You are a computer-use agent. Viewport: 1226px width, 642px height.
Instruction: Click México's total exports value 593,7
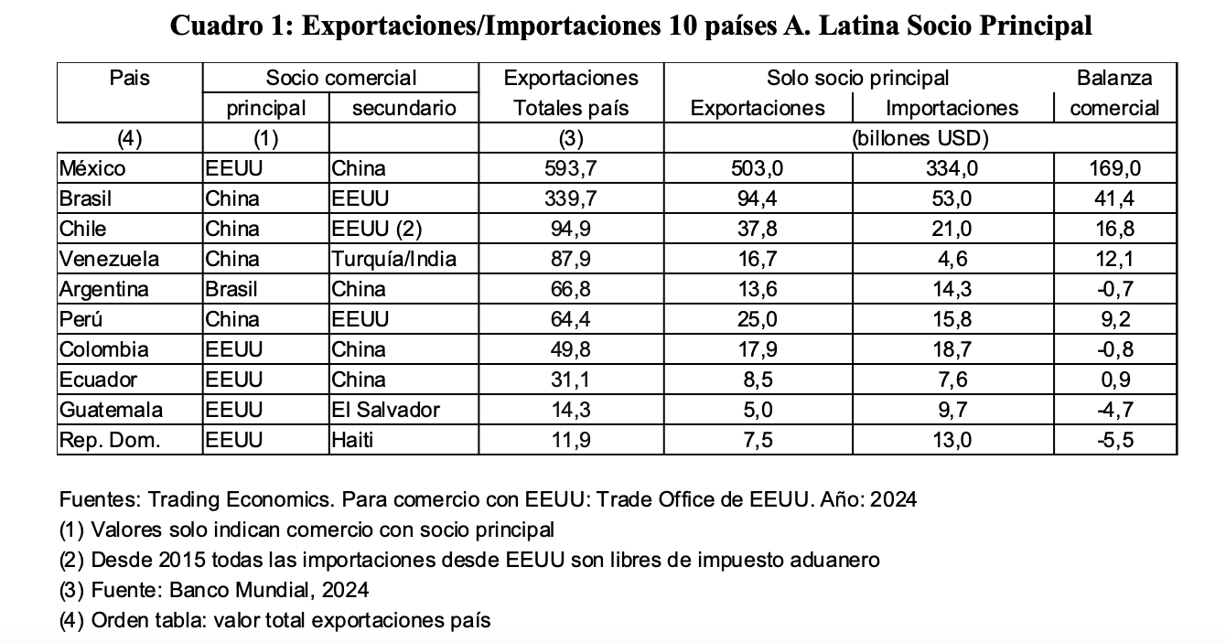571,168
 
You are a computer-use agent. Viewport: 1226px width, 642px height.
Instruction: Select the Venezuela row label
109,259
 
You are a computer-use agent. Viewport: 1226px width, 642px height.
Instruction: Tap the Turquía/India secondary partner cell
393,259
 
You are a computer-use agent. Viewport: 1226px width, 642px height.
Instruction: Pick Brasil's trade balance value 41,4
1114,198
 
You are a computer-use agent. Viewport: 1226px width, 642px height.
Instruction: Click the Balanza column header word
1114,79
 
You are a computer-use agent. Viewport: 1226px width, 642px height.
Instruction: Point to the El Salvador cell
385,410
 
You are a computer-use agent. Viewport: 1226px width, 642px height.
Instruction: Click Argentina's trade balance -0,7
1114,289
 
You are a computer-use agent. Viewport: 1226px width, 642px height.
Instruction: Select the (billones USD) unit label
920,139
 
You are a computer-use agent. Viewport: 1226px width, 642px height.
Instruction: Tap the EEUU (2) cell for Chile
376,229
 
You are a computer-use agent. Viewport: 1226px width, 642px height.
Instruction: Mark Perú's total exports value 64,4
571,319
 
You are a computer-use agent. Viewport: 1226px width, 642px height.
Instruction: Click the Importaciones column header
952,108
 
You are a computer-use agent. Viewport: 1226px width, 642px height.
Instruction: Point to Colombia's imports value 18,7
952,349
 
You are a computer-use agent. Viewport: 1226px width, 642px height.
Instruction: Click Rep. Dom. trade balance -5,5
1114,440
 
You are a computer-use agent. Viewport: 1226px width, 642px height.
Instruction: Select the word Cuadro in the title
216,26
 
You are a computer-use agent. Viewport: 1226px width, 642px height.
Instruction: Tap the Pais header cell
130,79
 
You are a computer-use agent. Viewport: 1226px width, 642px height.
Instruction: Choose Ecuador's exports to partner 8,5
758,380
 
